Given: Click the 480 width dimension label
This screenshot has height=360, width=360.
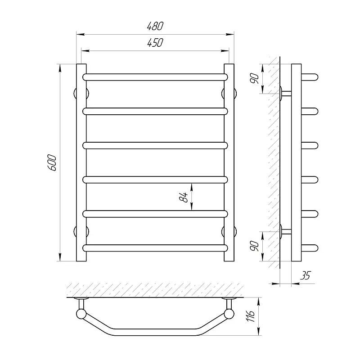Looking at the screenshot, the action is [155, 26].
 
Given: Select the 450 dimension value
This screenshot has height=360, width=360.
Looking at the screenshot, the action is [155, 43].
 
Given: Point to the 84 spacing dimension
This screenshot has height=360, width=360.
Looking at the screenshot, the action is [184, 197].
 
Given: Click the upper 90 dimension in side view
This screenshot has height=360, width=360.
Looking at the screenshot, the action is [255, 79].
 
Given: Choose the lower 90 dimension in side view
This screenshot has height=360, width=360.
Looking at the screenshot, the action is [255, 246].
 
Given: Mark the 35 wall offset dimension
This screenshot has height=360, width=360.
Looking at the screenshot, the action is [306, 275].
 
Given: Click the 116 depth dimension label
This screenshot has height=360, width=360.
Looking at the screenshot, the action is [251, 316].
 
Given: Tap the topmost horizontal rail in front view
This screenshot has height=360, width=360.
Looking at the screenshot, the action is [155, 77].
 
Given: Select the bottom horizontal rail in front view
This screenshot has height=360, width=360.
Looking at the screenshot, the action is [155, 248].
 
